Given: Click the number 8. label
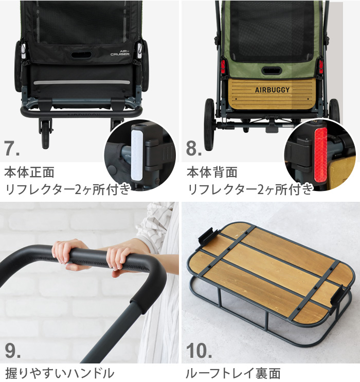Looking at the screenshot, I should (194, 149).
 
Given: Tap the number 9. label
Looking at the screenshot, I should (12, 351).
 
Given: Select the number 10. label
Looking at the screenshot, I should (199, 351).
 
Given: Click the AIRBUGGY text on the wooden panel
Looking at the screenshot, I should (272, 90).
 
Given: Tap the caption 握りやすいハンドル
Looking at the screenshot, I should (59, 372).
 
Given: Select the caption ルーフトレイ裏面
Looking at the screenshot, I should (234, 372).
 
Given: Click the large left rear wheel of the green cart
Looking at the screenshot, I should (209, 124).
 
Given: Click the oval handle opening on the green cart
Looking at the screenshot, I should (272, 71).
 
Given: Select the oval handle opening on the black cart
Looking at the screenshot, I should (81, 54).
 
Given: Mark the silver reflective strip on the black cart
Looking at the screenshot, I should (82, 82).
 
